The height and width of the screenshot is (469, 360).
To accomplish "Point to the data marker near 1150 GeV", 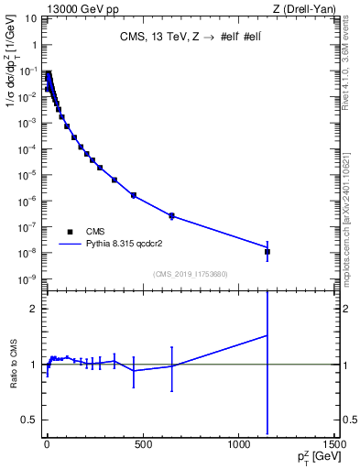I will coord(267,251).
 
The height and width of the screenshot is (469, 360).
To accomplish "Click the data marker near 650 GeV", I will coord(171,216).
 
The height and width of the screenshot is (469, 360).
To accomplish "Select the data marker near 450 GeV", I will coord(134,195).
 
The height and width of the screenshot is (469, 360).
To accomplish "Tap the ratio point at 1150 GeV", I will coord(267,335).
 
